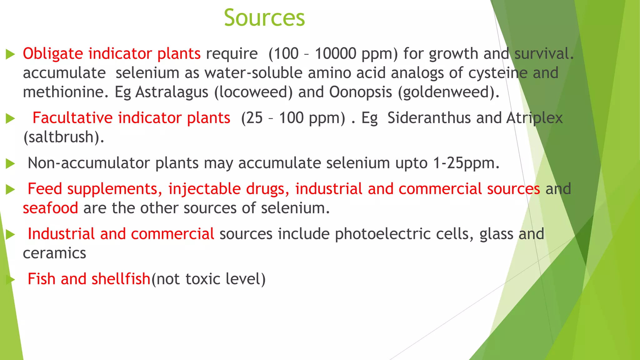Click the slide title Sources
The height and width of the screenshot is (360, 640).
coord(264,18)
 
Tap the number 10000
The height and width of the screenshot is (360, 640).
coord(335,54)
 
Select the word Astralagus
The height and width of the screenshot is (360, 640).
coord(172,92)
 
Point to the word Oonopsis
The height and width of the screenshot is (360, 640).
coord(360,92)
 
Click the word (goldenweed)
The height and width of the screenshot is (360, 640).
coord(449,92)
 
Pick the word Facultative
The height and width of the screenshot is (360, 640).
coord(72,118)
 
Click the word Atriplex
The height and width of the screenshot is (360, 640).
coord(534,118)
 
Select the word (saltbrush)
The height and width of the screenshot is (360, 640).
coord(64,137)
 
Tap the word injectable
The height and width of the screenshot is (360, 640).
coord(204,189)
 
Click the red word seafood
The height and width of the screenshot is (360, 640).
coord(50,208)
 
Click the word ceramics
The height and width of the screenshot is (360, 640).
coord(54,253)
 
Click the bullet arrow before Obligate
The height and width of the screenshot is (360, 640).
coord(10,54)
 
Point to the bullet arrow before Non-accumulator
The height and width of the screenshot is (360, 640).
coord(10,163)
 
